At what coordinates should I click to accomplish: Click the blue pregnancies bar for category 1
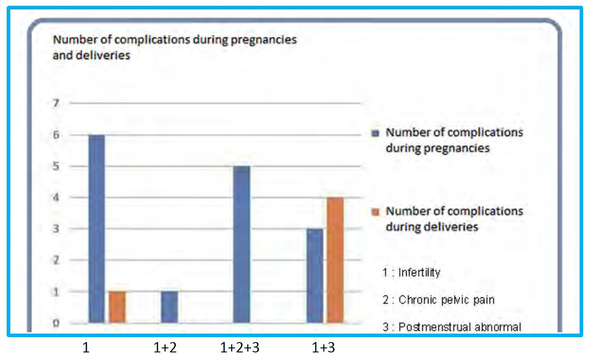tap(97, 229)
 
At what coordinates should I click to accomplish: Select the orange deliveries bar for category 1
tap(117, 307)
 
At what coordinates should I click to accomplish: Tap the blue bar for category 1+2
tap(169, 307)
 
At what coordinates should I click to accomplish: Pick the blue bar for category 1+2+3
tap(242, 244)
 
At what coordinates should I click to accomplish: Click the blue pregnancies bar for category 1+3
tap(315, 275)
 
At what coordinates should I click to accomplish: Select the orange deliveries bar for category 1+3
tap(335, 260)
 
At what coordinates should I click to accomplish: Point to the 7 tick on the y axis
tap(57, 103)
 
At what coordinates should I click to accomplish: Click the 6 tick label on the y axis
tap(57, 135)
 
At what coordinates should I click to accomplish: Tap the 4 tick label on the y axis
tap(57, 198)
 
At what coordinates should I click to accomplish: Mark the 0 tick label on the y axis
tap(57, 323)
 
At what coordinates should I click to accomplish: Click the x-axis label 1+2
tap(165, 348)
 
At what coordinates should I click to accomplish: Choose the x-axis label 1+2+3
tap(240, 348)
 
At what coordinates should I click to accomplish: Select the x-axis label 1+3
tap(323, 348)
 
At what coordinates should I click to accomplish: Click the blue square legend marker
tap(376, 133)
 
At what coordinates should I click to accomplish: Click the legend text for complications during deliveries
tap(454, 219)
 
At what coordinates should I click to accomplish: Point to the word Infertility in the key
tap(419, 272)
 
